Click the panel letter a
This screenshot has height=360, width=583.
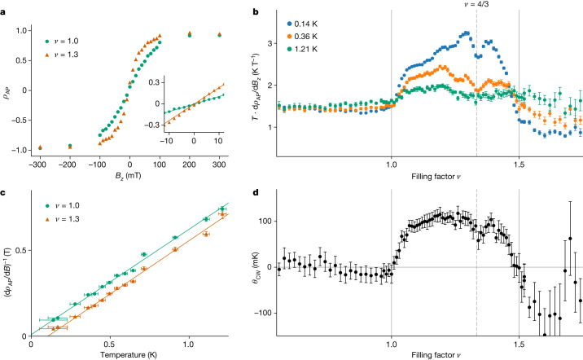(x=5, y=6)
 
